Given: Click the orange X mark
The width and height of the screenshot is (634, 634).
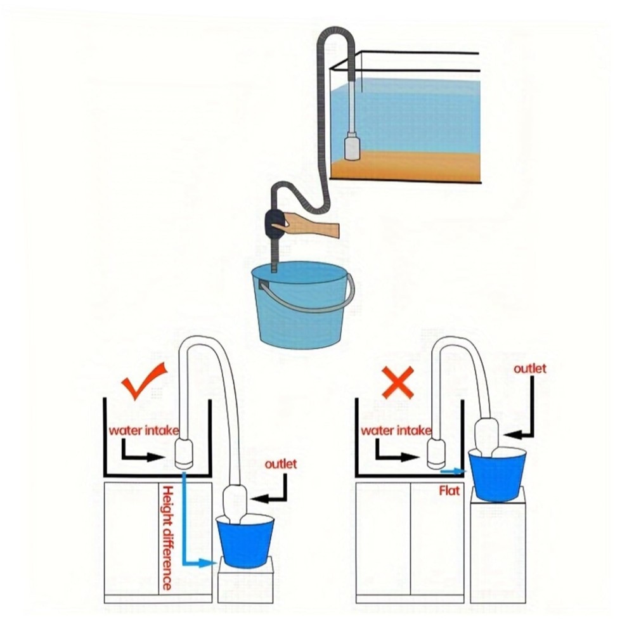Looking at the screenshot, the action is coord(398,382).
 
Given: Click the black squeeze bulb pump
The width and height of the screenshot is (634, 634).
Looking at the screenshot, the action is coord(276,226).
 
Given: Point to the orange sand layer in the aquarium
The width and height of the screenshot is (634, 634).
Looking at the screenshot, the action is coord(406,165).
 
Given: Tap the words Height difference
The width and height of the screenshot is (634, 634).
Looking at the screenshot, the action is coord(167,538).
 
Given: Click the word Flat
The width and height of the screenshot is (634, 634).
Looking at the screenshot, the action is coord(450,491).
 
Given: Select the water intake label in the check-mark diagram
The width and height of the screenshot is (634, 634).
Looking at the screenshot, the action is coord(143,430).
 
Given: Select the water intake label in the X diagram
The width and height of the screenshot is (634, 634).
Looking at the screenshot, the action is coord(396,430).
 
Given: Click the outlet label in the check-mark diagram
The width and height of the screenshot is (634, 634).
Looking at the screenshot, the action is coord(281,464).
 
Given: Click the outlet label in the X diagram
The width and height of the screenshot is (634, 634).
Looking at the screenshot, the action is coord(529,368).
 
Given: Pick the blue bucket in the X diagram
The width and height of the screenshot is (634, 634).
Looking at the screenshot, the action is coord(498,474).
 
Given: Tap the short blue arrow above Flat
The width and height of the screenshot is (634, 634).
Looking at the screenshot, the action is coord(453,471).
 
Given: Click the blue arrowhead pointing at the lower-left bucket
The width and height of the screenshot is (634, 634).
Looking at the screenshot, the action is coord(209,563).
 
